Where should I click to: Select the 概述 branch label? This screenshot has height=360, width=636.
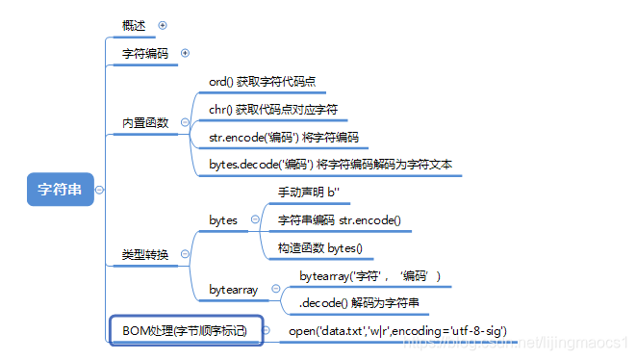[x=136, y=26]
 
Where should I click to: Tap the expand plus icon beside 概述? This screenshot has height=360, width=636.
[x=162, y=26]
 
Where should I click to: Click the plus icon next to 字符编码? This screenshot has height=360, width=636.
[x=185, y=54]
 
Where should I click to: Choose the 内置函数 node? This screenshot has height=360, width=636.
[x=145, y=123]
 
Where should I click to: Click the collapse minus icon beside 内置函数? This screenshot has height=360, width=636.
[x=185, y=123]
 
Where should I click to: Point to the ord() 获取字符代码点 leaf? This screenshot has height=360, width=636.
[x=261, y=82]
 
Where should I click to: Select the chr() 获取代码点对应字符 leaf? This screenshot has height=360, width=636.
[x=272, y=110]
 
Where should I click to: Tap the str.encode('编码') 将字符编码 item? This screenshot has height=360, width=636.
[x=283, y=137]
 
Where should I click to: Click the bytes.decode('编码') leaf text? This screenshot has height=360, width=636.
[x=332, y=165]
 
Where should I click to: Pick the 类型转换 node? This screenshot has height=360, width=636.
[x=144, y=255]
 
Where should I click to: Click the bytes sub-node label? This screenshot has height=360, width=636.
[x=223, y=220]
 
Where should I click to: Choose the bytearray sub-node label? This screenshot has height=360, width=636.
[x=233, y=290]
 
